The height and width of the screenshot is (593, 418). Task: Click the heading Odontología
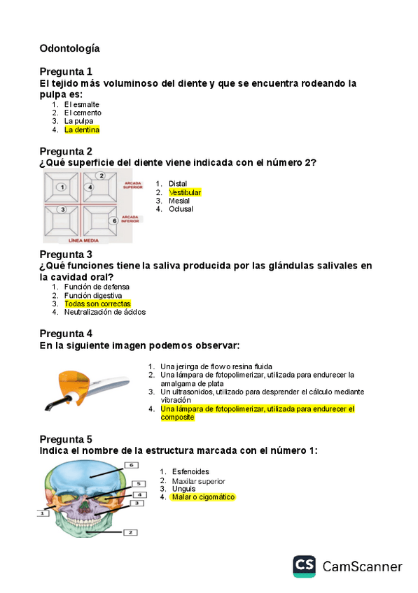point(69,48)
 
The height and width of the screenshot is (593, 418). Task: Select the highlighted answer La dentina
point(82,129)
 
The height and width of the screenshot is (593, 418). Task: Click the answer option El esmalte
point(81,104)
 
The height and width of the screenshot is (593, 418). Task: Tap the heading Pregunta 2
point(66,151)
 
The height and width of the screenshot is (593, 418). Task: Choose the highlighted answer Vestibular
point(185,192)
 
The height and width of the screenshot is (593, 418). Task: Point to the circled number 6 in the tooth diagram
point(114,221)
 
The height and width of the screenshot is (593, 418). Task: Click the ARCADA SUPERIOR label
point(132,185)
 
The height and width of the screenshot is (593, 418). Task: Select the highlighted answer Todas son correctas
point(97,303)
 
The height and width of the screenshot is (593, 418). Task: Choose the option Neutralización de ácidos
point(104,312)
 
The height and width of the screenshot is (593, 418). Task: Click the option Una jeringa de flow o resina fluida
point(216,366)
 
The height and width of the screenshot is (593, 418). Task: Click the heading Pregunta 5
point(66,439)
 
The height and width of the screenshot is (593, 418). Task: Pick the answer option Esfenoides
point(190,472)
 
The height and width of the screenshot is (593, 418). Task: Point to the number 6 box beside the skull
point(130,465)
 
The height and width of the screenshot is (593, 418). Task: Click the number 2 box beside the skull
point(130,532)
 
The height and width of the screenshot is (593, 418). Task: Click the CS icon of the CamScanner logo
point(304,566)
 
